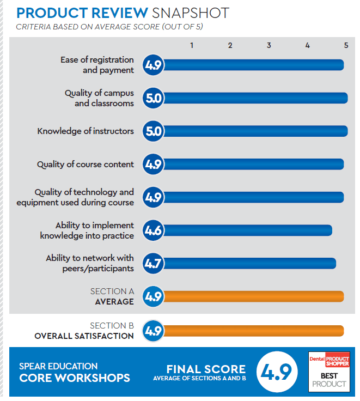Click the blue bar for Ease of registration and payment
(x=253, y=65)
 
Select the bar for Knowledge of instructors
(x=255, y=131)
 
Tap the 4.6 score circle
(x=153, y=230)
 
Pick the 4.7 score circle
(x=153, y=264)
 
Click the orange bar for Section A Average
(x=253, y=296)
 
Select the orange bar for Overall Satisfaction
(x=253, y=331)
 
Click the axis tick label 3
(x=269, y=45)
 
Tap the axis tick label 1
(x=192, y=45)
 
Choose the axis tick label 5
(x=346, y=45)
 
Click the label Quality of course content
(x=86, y=165)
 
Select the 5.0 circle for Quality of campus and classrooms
(x=153, y=98)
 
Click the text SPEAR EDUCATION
(x=58, y=366)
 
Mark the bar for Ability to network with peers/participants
(x=249, y=264)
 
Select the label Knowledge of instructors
(x=86, y=131)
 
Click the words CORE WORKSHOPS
(x=75, y=378)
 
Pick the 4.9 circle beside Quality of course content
(x=153, y=165)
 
